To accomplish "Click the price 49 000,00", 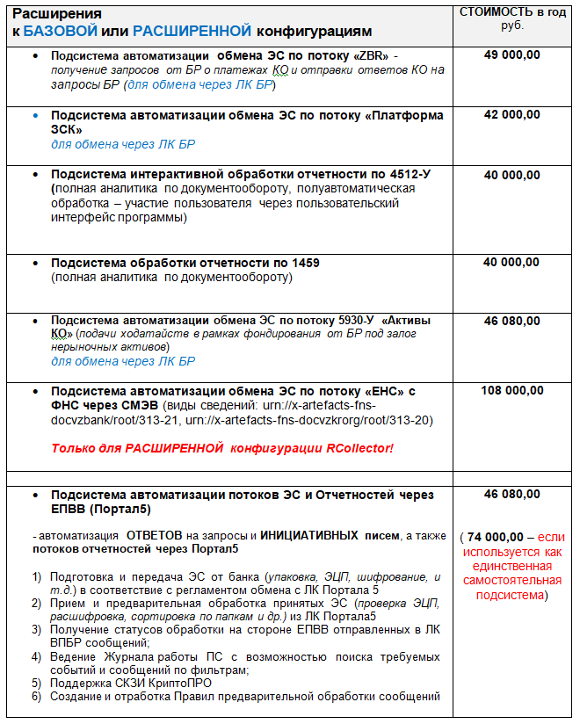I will (512, 55).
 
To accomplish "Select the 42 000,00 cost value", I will (512, 115).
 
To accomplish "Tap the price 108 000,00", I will (512, 391).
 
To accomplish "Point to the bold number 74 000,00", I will (496, 537).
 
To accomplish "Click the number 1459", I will (303, 263).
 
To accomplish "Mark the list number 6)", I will (36, 697).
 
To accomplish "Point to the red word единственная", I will (512, 566).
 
